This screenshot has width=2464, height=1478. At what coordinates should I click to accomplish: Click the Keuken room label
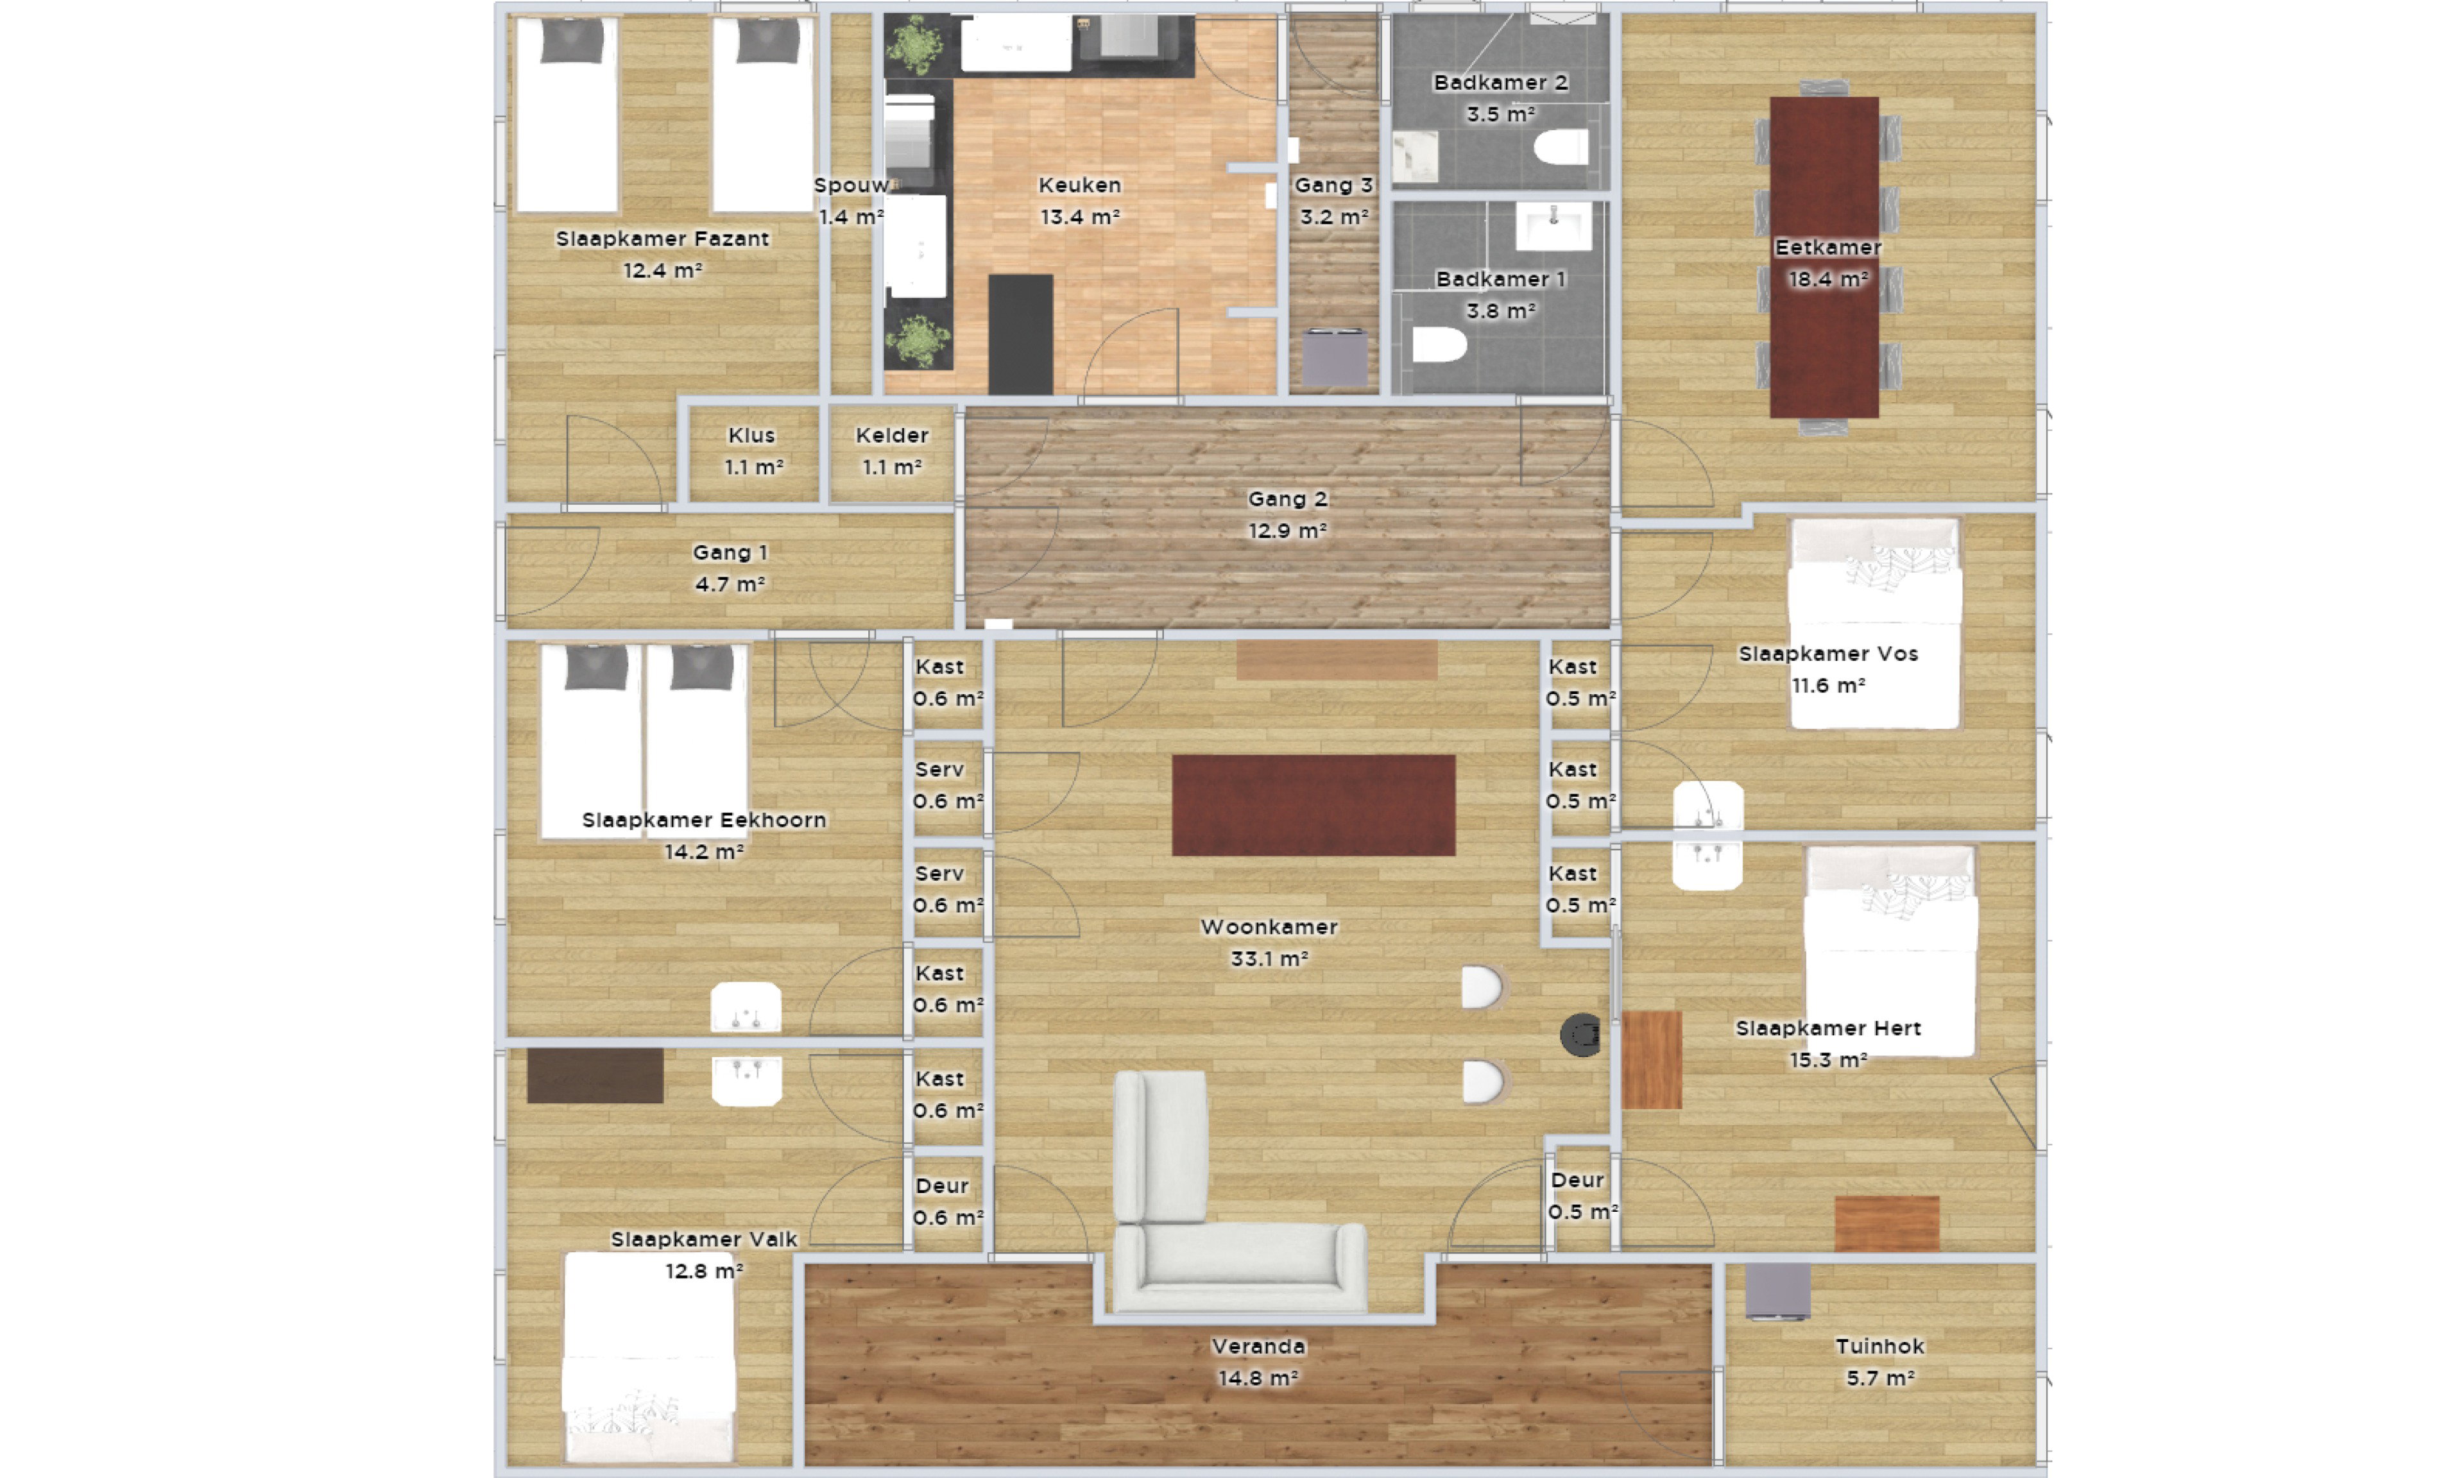pyautogui.click(x=1080, y=185)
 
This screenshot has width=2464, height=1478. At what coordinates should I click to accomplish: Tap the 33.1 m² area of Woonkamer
pyautogui.click(x=1269, y=959)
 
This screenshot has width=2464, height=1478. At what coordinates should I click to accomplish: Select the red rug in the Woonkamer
pyautogui.click(x=1313, y=804)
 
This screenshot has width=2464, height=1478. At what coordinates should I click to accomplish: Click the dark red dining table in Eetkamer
pyautogui.click(x=1824, y=257)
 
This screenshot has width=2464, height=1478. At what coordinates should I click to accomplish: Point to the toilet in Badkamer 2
pyautogui.click(x=1561, y=148)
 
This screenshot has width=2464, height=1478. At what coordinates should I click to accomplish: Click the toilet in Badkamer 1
pyautogui.click(x=1439, y=344)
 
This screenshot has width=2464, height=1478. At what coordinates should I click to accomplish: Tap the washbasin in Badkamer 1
pyautogui.click(x=1553, y=226)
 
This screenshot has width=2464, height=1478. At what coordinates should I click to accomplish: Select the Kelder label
pyautogui.click(x=891, y=435)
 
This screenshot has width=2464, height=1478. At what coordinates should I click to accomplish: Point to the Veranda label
pyautogui.click(x=1258, y=1346)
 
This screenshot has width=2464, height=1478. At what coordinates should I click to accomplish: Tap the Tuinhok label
pyautogui.click(x=1879, y=1346)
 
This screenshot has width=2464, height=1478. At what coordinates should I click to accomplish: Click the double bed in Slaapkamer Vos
pyautogui.click(x=1874, y=624)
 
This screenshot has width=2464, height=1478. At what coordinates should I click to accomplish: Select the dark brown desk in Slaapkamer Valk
pyautogui.click(x=595, y=1076)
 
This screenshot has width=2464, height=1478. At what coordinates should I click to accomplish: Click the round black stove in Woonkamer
pyautogui.click(x=1580, y=1035)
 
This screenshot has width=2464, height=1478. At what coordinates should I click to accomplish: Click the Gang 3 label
pyautogui.click(x=1333, y=185)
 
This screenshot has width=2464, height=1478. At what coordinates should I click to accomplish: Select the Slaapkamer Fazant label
pyautogui.click(x=662, y=239)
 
